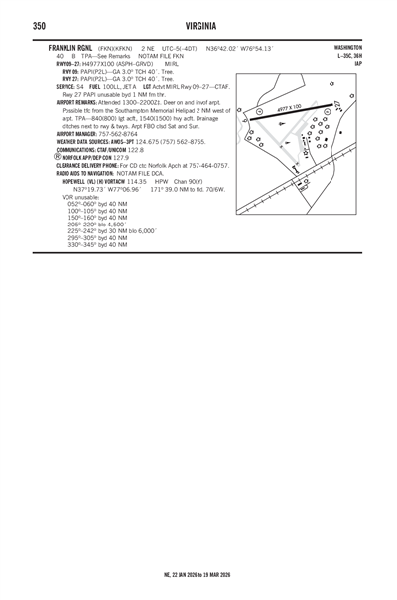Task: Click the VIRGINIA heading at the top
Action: tap(198, 26)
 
